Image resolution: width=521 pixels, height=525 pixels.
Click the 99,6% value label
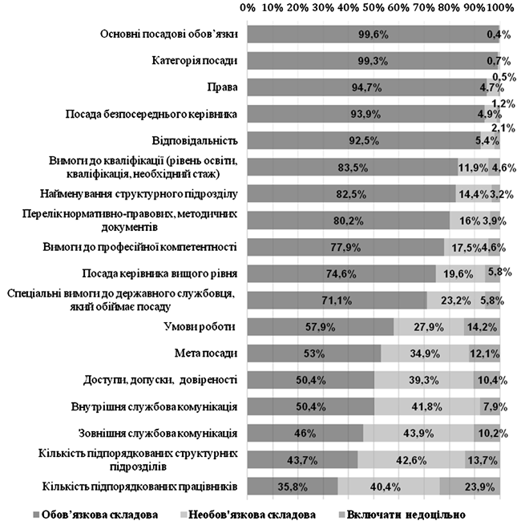373,34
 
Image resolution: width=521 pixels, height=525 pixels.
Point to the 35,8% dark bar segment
293,487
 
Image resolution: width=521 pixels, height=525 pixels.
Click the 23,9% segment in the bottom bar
470,487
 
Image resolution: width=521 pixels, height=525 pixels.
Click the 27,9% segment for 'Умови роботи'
429,326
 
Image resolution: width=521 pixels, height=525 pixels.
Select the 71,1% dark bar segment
337,300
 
